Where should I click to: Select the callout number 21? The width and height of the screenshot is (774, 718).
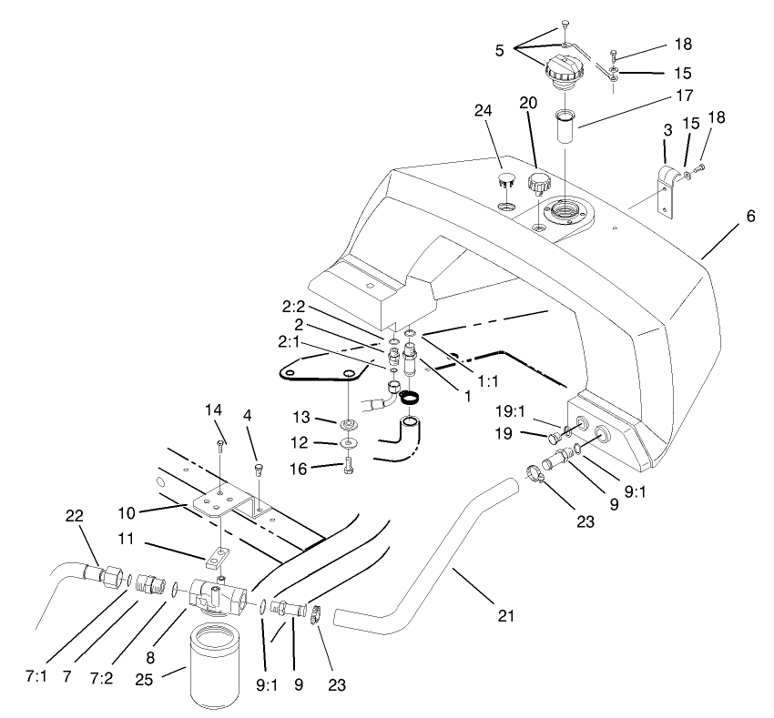(506, 616)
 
